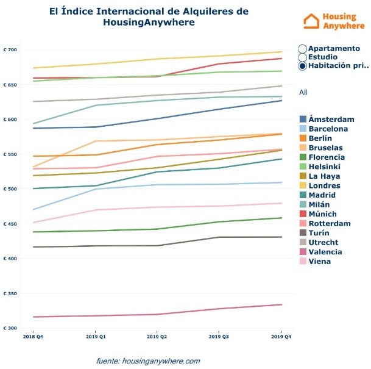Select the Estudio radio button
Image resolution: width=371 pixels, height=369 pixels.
303,57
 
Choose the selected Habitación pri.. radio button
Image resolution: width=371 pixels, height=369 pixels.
303,66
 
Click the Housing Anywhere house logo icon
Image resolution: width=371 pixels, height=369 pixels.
312,21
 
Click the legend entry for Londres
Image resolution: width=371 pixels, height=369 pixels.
324,186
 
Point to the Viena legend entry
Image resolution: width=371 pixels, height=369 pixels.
320,262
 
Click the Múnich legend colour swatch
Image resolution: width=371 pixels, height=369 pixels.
303,214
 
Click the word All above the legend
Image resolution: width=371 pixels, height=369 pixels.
303,92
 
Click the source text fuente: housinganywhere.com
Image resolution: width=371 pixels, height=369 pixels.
148,361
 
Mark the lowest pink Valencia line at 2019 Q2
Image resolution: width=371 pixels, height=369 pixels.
157,314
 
